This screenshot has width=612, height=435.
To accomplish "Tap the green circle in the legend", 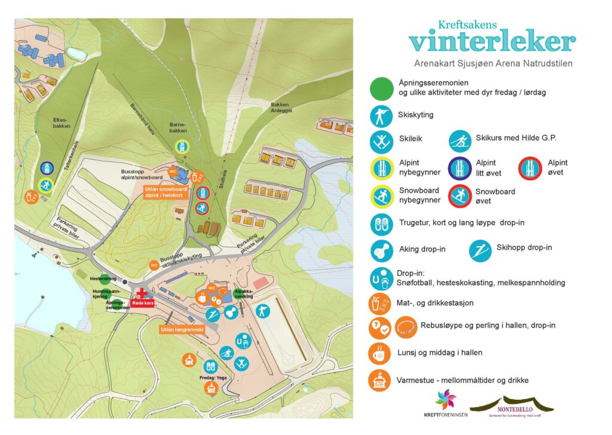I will coord(381,88).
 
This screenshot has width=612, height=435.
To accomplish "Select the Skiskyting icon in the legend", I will coord(381,116).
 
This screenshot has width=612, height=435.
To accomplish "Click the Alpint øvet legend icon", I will coord(530,169).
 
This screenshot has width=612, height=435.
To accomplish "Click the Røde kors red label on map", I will coord(142,302).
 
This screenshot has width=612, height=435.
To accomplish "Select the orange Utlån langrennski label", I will coord(182,329).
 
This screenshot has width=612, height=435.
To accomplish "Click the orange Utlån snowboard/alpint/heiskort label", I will coord(166,192).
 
